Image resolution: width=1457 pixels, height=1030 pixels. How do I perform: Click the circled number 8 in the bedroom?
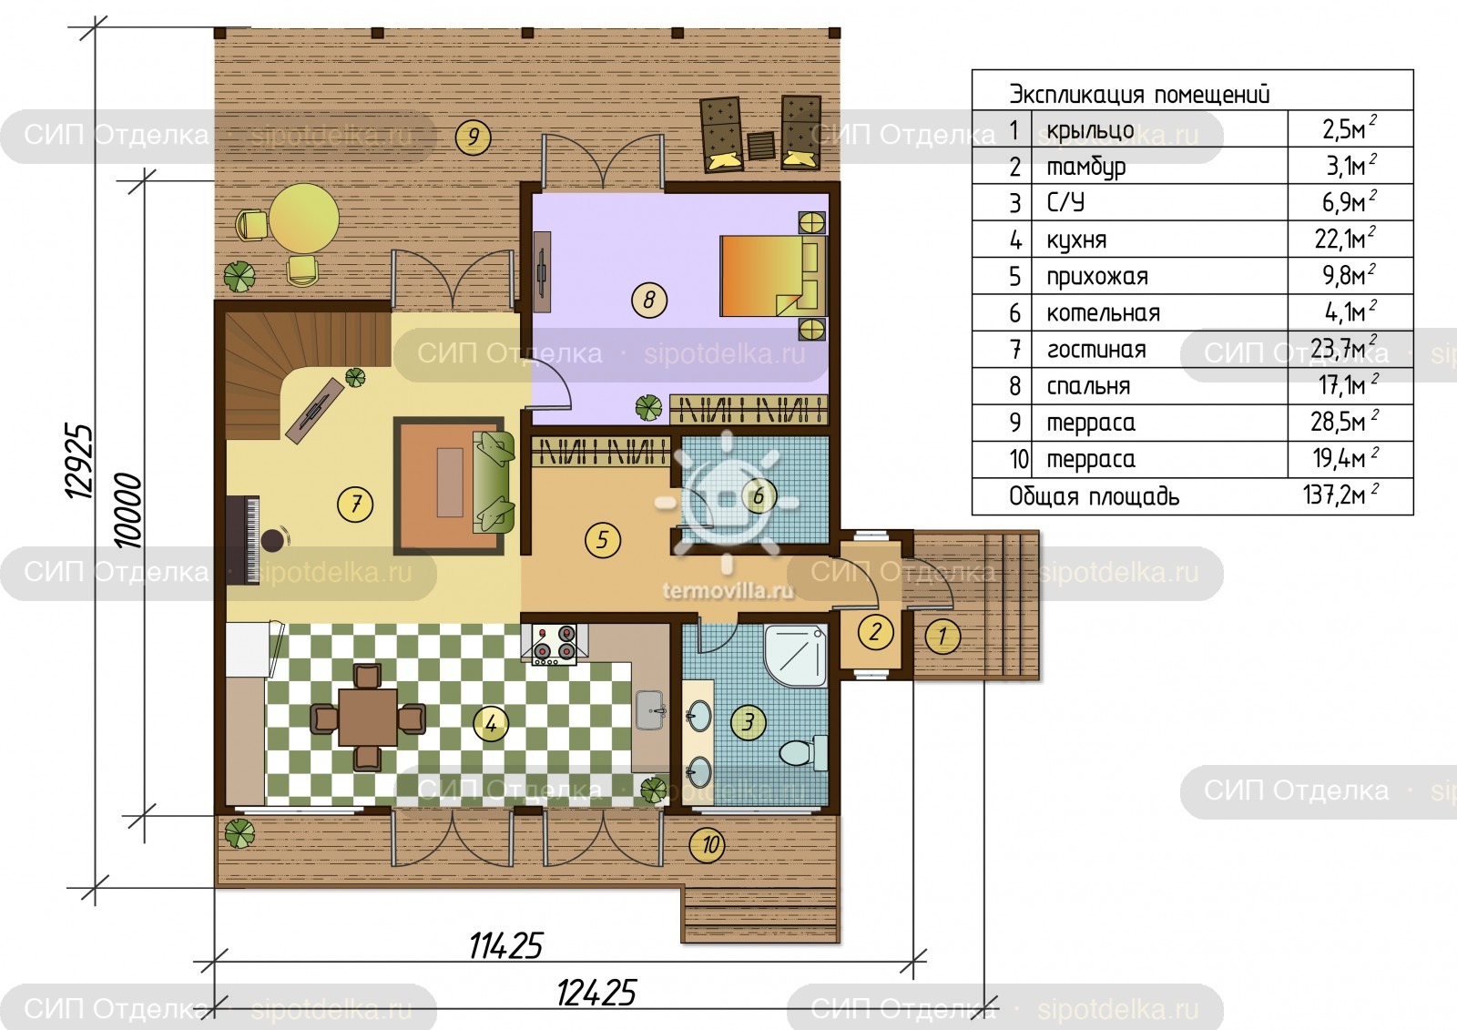click(x=649, y=300)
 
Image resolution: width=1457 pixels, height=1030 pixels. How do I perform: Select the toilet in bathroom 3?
click(x=802, y=752)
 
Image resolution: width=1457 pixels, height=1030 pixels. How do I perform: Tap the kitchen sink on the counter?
click(x=650, y=709)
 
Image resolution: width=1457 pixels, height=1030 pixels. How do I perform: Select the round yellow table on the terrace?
click(x=304, y=219)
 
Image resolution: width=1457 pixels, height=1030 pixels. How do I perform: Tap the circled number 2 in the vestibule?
click(x=875, y=632)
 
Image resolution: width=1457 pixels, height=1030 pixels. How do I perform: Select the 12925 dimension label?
click(x=79, y=461)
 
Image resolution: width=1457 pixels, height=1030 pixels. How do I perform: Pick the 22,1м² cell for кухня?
click(x=1345, y=239)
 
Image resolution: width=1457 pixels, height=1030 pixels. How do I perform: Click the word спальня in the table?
click(x=1088, y=386)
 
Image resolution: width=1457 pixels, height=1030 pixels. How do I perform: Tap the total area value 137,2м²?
click(x=1340, y=495)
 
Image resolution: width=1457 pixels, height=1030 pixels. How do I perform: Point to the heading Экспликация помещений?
click(x=1139, y=95)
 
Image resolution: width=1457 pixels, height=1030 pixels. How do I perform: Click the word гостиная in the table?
click(x=1096, y=350)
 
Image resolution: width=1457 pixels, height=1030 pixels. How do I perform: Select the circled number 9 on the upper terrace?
click(x=473, y=137)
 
